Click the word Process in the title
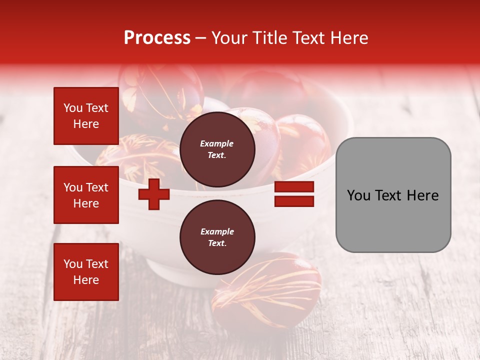tap(157, 38)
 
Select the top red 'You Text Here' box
tap(86, 116)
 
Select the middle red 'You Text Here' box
tap(86, 195)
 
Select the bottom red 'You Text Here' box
tap(86, 272)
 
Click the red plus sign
tap(154, 194)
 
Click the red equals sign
tap(294, 194)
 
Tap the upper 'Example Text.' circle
tap(217, 149)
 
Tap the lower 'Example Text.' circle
tap(217, 237)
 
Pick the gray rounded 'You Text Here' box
tap(393, 195)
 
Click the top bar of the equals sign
tap(294, 187)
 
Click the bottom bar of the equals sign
tap(294, 201)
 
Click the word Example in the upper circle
tap(217, 143)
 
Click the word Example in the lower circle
tap(217, 231)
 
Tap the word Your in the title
tap(229, 38)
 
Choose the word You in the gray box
tap(358, 195)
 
